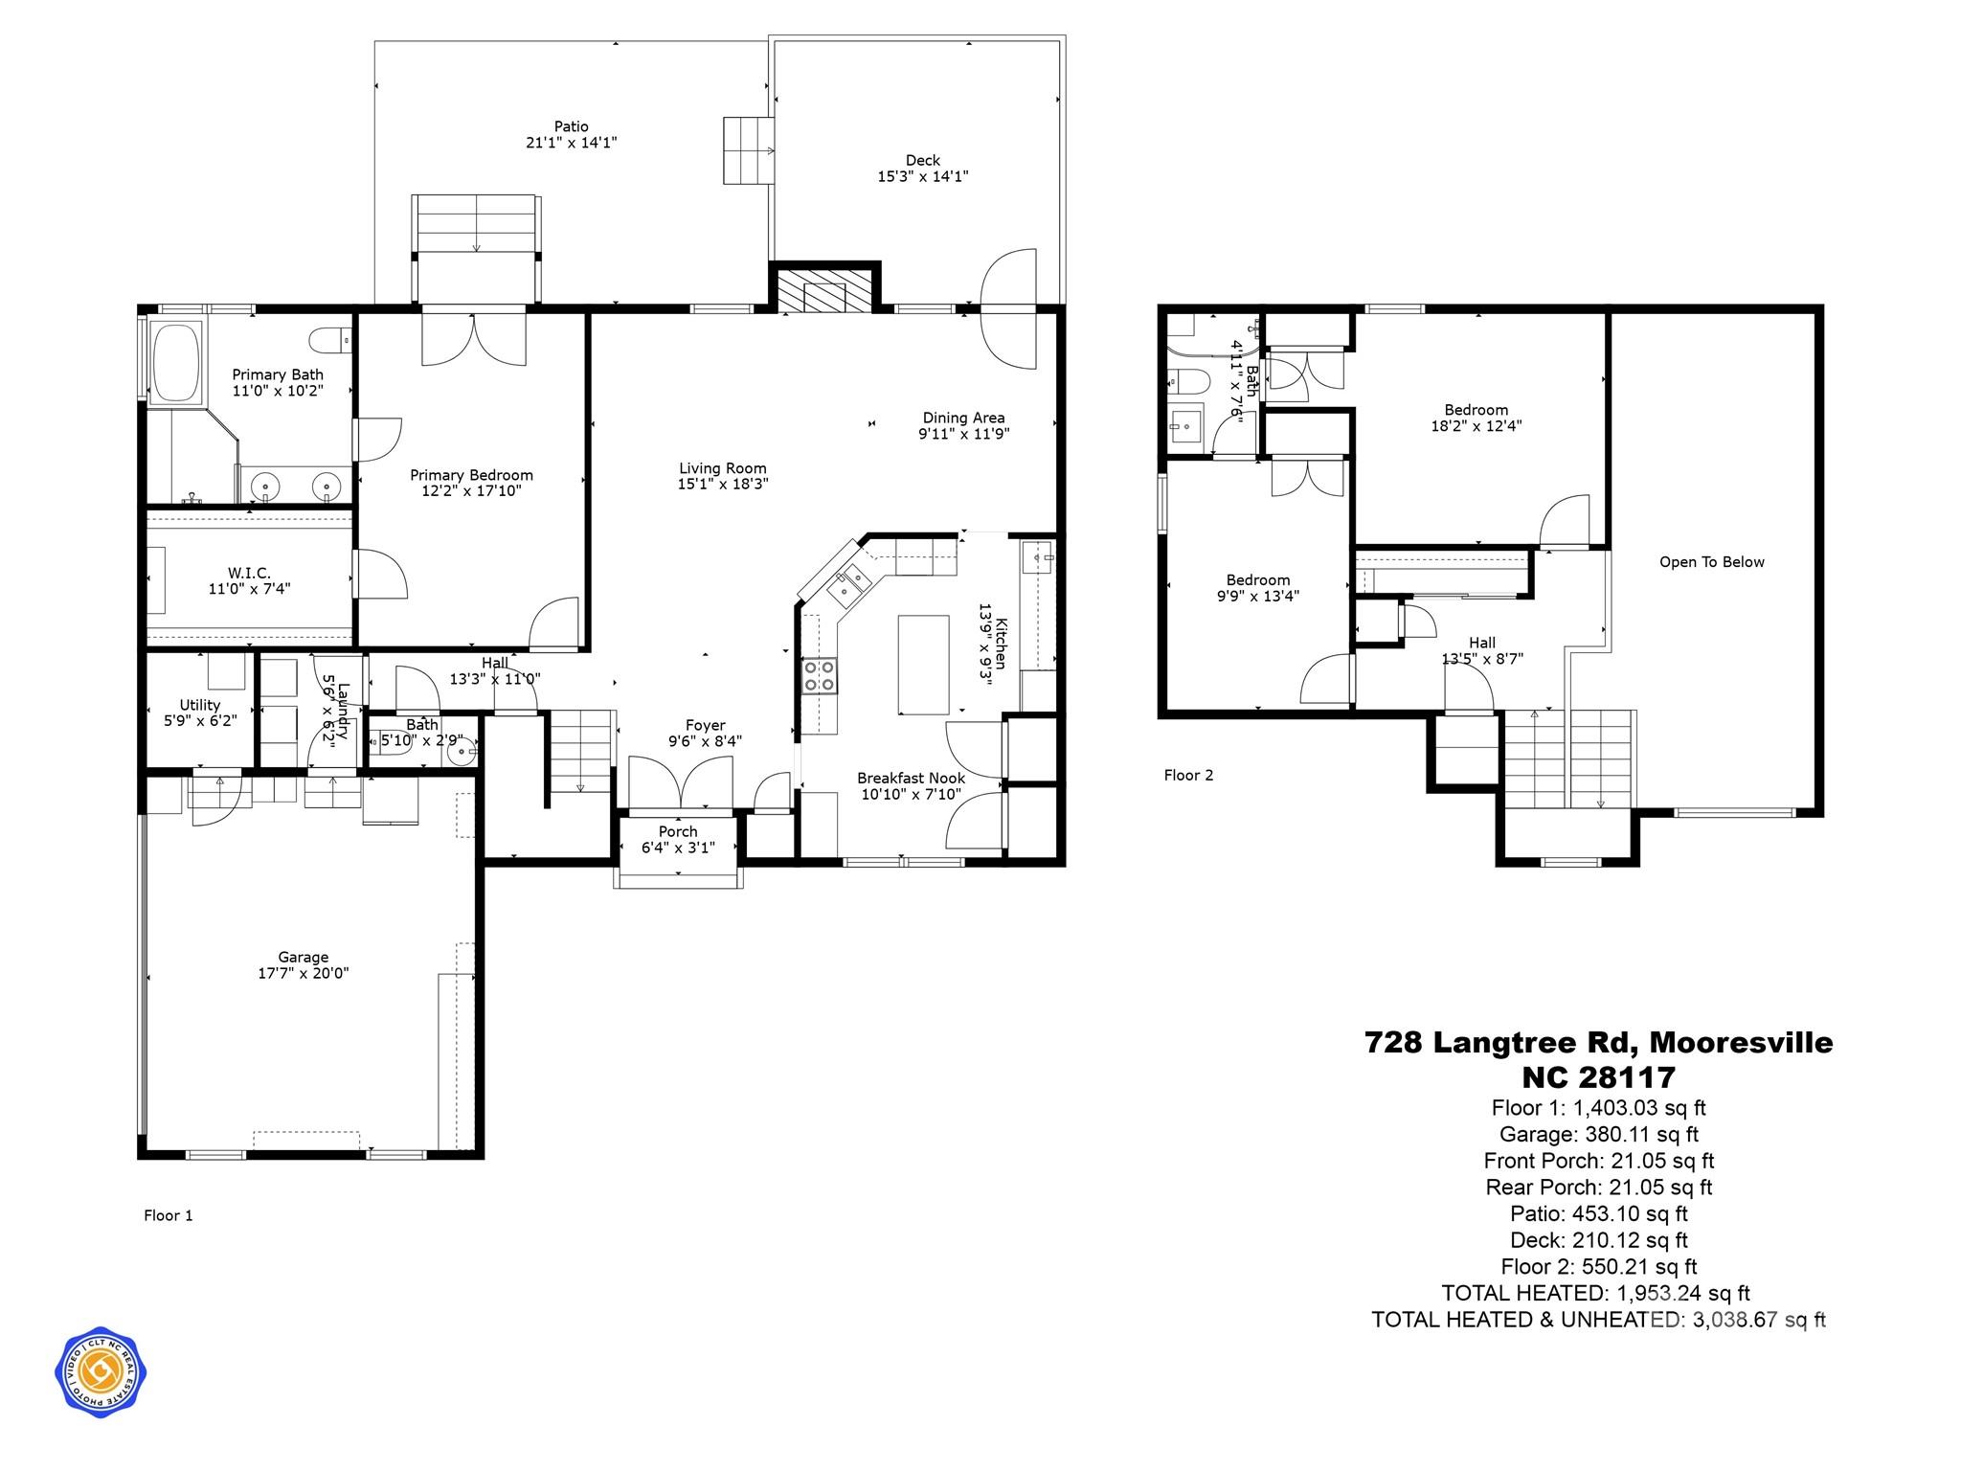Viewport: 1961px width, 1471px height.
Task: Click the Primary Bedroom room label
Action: tap(471, 475)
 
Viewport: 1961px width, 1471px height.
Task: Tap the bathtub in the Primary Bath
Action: tap(175, 363)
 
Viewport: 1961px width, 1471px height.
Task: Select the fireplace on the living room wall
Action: tap(824, 290)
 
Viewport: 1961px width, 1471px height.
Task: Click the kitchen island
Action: tap(923, 665)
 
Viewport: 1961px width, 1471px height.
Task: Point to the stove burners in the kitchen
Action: tap(820, 675)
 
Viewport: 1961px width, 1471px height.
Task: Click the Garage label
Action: tap(304, 957)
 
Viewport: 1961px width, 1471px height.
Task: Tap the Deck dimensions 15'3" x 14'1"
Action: tap(923, 176)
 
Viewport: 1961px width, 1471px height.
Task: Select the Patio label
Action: tap(571, 126)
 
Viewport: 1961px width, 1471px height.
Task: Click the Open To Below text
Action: tap(1711, 562)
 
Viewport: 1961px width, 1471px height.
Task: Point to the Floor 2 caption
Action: tap(1188, 775)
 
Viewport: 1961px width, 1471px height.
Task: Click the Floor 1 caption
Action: tap(169, 1215)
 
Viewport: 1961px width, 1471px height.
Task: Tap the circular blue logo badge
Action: tap(101, 1373)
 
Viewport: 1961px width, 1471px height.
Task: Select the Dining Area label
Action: tap(963, 418)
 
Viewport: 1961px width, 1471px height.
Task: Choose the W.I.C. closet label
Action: tap(249, 573)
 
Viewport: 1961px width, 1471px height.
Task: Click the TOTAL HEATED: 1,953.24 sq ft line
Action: tap(1595, 1293)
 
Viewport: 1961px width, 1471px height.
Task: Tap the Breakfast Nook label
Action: tap(911, 779)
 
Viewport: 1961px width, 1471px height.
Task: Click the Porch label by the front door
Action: tap(678, 831)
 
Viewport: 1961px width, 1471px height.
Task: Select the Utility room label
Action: tap(200, 705)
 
